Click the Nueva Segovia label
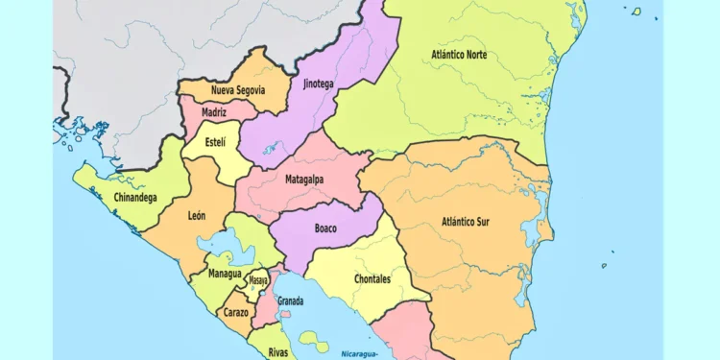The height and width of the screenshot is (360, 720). coord(236,90)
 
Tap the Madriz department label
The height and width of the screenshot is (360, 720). coord(214,112)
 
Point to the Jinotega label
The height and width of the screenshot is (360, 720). coord(319,84)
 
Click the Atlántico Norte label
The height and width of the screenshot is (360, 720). coord(459,55)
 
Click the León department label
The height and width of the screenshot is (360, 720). coord(197,216)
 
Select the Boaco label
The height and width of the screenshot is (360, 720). coord(325,228)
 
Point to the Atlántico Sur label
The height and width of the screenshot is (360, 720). coord(466,222)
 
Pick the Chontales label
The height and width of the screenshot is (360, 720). coord(372,279)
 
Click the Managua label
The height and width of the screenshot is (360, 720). coord(226,274)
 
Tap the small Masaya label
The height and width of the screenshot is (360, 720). coord(258,280)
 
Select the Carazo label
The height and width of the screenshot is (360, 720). coord(235,312)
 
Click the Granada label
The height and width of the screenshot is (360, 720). coord(290,301)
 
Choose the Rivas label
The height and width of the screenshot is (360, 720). coord(278,352)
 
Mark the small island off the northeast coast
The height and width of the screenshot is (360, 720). coord(636,12)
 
